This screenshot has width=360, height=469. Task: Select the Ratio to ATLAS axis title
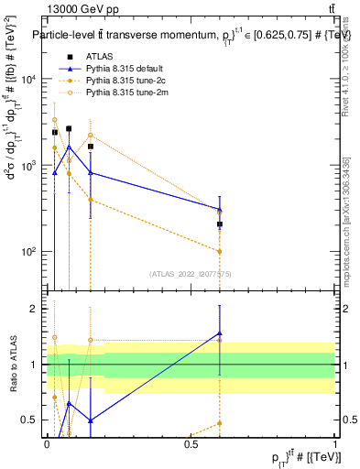click(x=12, y=365)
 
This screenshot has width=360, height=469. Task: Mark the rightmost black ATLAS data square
click(x=220, y=224)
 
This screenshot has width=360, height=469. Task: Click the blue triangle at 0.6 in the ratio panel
click(x=220, y=333)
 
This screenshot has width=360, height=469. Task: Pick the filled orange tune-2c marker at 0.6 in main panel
click(x=220, y=251)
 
